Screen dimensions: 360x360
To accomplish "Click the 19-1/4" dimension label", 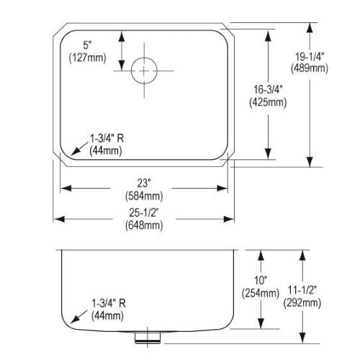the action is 310,57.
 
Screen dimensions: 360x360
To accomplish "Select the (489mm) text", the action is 310,68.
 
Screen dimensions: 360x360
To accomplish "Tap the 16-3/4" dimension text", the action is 268,90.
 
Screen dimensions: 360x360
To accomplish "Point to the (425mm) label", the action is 268,102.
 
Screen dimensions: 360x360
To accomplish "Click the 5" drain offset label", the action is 88,45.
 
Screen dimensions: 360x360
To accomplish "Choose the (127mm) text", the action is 88,58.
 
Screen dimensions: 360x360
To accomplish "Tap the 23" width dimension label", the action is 144,184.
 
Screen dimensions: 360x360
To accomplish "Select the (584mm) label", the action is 144,196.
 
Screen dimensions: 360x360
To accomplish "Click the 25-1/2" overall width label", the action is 144,212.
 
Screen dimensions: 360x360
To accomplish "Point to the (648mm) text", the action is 144,225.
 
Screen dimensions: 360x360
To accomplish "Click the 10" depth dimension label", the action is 261,280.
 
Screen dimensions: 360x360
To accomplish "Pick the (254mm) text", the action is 261,293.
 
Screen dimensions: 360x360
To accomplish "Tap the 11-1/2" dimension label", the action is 302,290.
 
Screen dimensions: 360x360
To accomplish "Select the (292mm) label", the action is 302,303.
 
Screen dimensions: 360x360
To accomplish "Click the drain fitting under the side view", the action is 147,337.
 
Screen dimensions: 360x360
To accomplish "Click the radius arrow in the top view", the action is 79,148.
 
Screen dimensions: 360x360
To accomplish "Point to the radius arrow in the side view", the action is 79,316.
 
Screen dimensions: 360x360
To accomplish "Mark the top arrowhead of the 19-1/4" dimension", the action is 310,28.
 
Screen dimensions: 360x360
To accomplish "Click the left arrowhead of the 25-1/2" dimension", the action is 59,219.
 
